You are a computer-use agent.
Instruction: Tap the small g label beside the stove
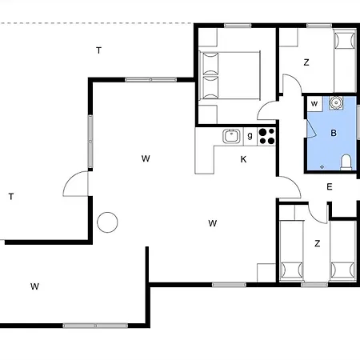pyautogui.click(x=250, y=137)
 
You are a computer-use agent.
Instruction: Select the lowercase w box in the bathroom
pyautogui.click(x=314, y=104)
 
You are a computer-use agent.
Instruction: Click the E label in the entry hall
pyautogui.click(x=329, y=186)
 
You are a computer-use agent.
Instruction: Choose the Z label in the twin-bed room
pyautogui.click(x=317, y=243)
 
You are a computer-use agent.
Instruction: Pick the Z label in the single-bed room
pyautogui.click(x=306, y=62)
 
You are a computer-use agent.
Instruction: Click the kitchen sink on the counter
pyautogui.click(x=231, y=136)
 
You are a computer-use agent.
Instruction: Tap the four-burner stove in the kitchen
pyautogui.click(x=266, y=136)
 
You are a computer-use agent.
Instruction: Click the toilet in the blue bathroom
pyautogui.click(x=346, y=162)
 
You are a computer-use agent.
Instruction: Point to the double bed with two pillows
pyautogui.click(x=230, y=76)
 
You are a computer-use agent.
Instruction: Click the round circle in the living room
pyautogui.click(x=107, y=222)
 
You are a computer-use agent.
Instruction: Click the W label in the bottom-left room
pyautogui.click(x=34, y=286)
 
